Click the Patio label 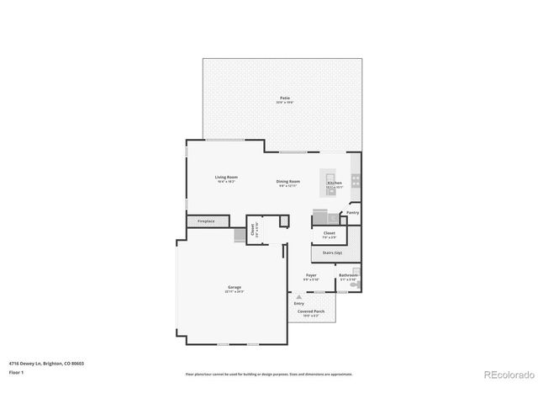(286, 99)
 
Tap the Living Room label (226, 177)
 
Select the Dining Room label (288, 181)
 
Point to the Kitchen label (335, 183)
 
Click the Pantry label (353, 213)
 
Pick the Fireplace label (206, 221)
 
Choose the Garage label (234, 287)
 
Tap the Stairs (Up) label (327, 252)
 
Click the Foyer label (311, 275)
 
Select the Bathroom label (348, 275)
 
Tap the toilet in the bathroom (355, 286)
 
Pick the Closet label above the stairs (329, 232)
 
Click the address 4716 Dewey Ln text (46, 363)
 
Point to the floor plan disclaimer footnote (268, 374)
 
